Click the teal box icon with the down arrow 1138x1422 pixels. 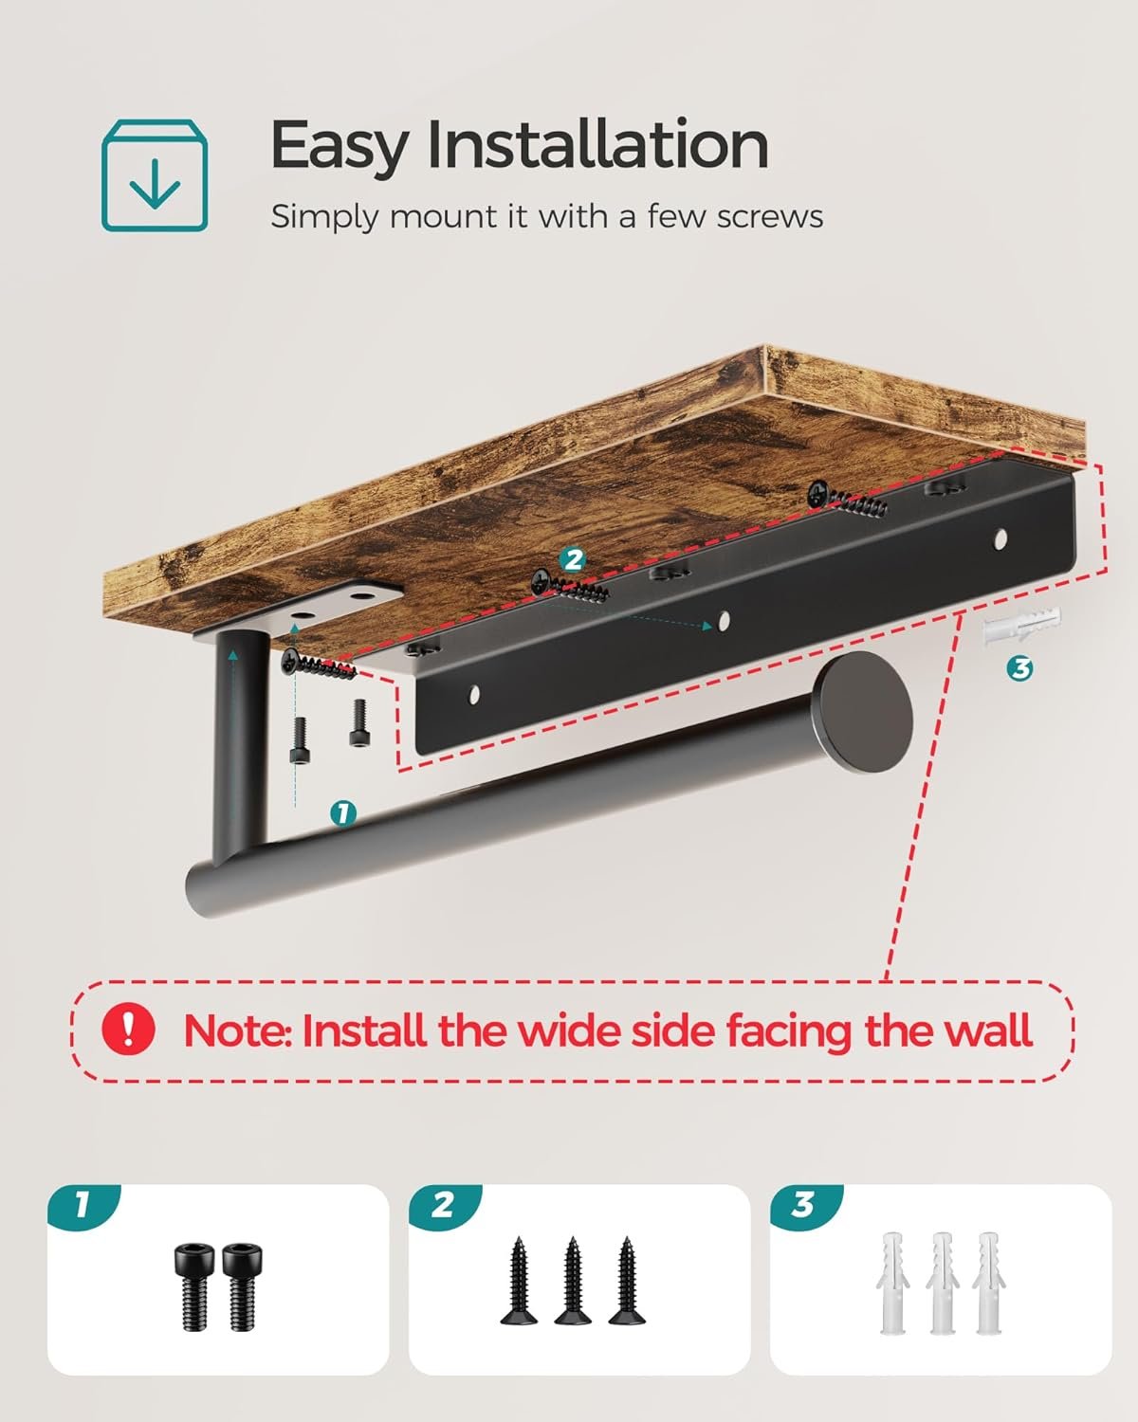pyautogui.click(x=154, y=175)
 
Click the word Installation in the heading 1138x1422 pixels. pyautogui.click(x=597, y=145)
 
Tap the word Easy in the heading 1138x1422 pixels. pyautogui.click(x=340, y=148)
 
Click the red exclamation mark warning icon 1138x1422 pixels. pyautogui.click(x=128, y=1028)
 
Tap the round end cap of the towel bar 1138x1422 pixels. pyautogui.click(x=862, y=712)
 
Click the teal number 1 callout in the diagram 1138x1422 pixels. pyautogui.click(x=343, y=813)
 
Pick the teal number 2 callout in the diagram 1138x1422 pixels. pyautogui.click(x=573, y=559)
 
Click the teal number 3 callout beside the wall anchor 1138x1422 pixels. pyautogui.click(x=1020, y=668)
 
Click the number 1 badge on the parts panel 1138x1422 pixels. pyautogui.click(x=83, y=1205)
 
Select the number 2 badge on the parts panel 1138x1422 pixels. pyautogui.click(x=445, y=1205)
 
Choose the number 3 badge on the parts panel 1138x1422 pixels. pyautogui.click(x=805, y=1205)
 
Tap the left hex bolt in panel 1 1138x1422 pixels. pyautogui.click(x=193, y=1286)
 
